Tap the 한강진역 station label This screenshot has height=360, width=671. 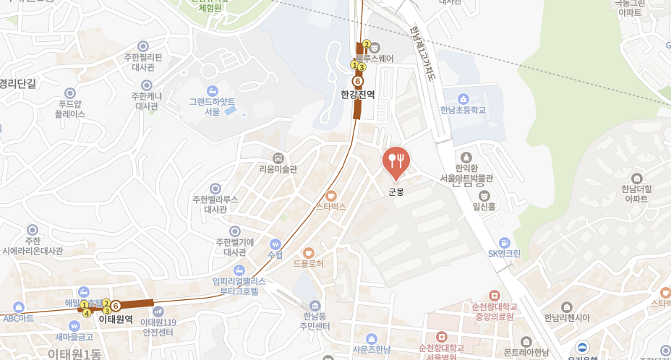tap(358, 94)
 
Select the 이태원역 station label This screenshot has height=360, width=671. tap(116, 319)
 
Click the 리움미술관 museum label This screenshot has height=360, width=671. tap(278, 170)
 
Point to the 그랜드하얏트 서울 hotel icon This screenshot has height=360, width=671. tap(212, 90)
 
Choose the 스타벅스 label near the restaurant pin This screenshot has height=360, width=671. tap(331, 206)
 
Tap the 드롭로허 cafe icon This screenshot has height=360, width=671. tap(309, 252)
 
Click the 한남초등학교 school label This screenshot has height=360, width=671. tap(463, 111)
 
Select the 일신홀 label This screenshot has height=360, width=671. tap(484, 207)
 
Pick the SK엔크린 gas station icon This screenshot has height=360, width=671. tap(504, 242)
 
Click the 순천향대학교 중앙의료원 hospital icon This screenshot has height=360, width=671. tap(494, 296)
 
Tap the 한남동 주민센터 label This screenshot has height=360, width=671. tap(316, 322)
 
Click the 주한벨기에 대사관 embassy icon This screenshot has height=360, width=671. tap(234, 231)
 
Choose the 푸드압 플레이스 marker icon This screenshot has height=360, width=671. tap(70, 93)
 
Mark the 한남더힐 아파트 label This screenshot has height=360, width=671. tap(636, 193)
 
